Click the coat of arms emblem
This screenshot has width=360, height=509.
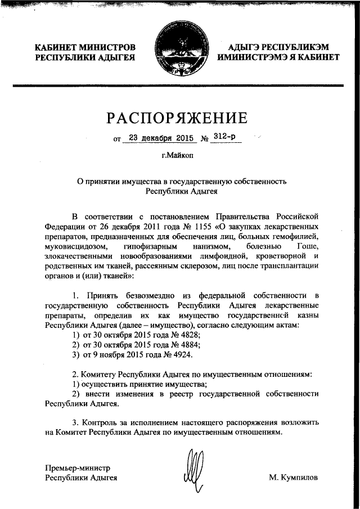[179, 54]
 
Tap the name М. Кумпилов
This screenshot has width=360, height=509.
[293, 478]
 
